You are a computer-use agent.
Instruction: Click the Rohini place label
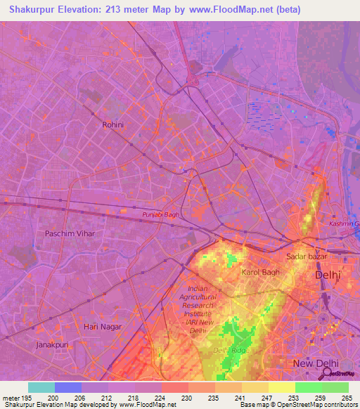click(x=112, y=124)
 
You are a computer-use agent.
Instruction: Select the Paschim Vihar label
click(x=70, y=233)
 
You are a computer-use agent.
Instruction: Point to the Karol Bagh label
click(x=261, y=272)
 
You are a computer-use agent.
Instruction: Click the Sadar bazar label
click(x=307, y=257)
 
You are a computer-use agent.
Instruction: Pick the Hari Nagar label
click(x=102, y=327)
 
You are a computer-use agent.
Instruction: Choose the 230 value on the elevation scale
click(x=188, y=398)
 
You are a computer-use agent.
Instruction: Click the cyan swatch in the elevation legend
click(x=41, y=387)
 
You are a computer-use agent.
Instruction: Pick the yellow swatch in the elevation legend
click(x=281, y=387)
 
